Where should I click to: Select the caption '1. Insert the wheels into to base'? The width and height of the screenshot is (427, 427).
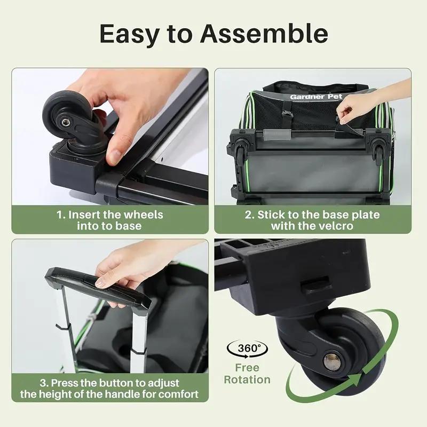click(110, 220)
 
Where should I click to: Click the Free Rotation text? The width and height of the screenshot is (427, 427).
click(247, 374)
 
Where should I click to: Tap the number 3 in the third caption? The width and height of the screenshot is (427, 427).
click(45, 383)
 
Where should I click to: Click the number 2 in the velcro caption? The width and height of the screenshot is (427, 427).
click(248, 215)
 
